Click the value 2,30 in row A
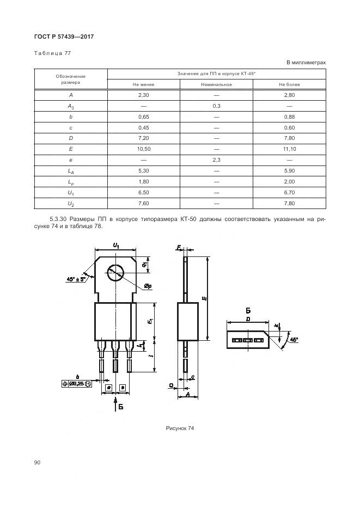144,95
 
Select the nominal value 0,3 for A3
216,106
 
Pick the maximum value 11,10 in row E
289,149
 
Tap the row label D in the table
71,138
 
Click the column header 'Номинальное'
216,84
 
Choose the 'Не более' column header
289,84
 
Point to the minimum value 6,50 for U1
144,193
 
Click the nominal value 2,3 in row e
216,160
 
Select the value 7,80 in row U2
289,204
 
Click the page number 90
37,462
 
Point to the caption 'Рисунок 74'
180,428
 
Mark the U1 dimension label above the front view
117,246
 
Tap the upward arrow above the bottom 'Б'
116,403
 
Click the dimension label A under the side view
187,395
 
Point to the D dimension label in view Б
247,320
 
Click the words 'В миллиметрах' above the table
306,63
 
